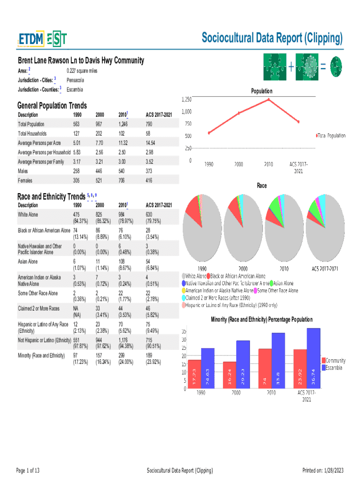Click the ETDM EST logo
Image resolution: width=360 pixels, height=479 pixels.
pos(42,40)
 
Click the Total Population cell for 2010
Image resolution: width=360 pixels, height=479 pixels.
pos(123,124)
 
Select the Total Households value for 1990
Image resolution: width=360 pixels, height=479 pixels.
pos(77,134)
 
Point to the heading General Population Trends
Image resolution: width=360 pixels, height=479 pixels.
pos(52,106)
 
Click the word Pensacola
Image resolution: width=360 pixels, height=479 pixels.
pos(75,80)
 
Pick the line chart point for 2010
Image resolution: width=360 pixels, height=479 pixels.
pos(269,100)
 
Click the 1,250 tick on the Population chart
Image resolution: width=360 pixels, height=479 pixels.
pos(186,99)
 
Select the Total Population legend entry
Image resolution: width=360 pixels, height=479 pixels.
pos(331,136)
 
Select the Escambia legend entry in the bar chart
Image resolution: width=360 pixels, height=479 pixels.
pos(334,368)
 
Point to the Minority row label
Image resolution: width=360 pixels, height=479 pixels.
pos(41,356)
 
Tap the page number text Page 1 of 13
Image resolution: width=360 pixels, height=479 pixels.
pos(28,470)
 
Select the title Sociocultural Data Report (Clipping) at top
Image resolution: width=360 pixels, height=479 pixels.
pos(272,37)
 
